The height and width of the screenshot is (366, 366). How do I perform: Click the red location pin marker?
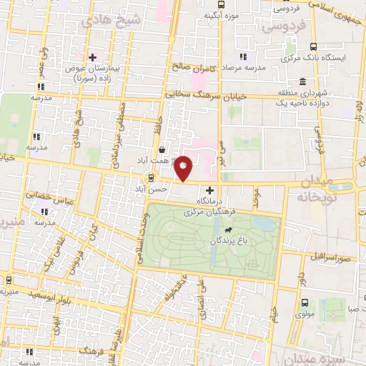pyautogui.click(x=184, y=169)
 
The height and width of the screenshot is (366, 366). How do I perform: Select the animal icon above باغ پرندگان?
pyautogui.click(x=227, y=230)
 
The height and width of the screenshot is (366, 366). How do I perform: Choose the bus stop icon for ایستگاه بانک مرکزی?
pyautogui.click(x=292, y=58)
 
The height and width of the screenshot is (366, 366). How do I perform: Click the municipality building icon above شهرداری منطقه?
pyautogui.click(x=302, y=81)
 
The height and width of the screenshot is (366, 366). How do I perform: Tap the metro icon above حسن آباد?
pyautogui.click(x=150, y=178)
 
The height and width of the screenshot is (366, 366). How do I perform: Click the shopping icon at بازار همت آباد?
pyautogui.click(x=165, y=150)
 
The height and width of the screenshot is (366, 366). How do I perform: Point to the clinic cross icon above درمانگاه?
pyautogui.click(x=209, y=191)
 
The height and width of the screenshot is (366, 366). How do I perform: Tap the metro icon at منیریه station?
pyautogui.click(x=8, y=280)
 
